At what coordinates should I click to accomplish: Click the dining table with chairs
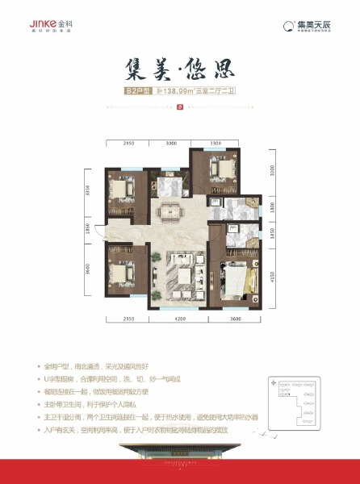pos(172,212)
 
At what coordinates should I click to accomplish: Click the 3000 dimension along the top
pos(170,141)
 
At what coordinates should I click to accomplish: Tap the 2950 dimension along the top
pos(128,141)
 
